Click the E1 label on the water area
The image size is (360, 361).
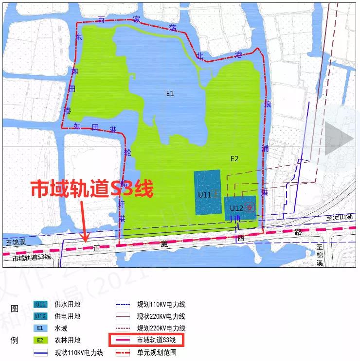(169, 94)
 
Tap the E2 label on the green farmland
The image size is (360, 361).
(234, 159)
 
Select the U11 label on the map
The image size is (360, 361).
(204, 195)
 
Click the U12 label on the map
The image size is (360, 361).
(236, 208)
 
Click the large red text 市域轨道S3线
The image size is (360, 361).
(92, 189)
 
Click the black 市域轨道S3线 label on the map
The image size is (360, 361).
(32, 257)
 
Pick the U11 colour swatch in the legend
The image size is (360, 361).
(40, 305)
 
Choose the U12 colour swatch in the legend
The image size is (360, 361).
(40, 316)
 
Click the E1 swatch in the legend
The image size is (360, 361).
(40, 328)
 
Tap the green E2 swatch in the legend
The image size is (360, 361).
(40, 340)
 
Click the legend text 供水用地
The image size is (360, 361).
(68, 305)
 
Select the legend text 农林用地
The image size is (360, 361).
(68, 340)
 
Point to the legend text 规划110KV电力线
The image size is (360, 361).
(161, 305)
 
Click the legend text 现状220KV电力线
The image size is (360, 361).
(161, 316)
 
